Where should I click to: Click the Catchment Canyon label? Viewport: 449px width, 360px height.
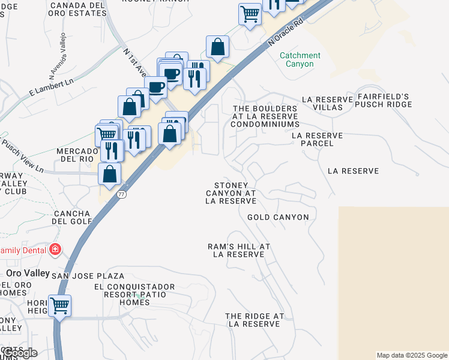(x=300, y=59)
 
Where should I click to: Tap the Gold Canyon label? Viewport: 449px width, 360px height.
(x=278, y=217)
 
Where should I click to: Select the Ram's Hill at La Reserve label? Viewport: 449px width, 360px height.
(x=239, y=250)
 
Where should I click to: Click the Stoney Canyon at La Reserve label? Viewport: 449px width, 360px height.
(x=231, y=193)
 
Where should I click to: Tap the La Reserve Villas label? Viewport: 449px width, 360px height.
(x=322, y=103)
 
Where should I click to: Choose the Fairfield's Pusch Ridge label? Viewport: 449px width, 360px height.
(x=383, y=100)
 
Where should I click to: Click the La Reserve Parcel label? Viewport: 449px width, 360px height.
(x=317, y=140)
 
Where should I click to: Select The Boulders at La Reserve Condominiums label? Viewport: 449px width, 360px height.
(x=265, y=116)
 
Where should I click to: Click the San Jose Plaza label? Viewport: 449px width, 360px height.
(x=88, y=276)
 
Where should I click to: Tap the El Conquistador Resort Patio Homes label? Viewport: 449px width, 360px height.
(x=134, y=295)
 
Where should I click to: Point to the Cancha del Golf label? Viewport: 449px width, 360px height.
(x=71, y=217)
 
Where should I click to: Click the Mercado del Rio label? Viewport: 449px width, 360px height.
(x=76, y=155)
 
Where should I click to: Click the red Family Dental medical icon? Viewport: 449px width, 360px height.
(x=55, y=249)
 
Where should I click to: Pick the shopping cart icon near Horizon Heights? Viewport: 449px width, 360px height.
(x=59, y=305)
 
